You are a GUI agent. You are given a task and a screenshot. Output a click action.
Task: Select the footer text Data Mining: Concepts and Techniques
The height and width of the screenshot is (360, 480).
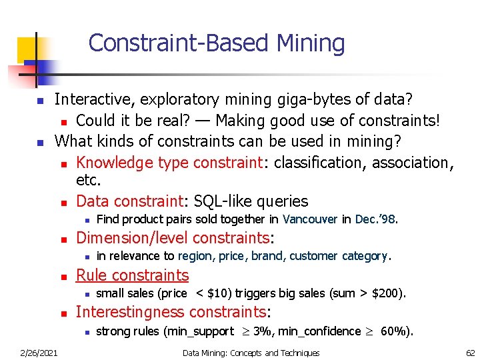251,353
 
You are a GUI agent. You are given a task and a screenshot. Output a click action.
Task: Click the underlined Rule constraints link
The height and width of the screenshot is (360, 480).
132,275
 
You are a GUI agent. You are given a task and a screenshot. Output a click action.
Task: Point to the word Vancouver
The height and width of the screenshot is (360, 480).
310,219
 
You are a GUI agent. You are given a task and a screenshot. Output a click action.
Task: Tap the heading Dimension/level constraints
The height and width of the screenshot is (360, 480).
175,237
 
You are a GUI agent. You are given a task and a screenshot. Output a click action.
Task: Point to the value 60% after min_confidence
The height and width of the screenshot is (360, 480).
395,331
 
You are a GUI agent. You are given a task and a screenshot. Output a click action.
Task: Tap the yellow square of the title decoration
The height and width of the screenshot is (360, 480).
27,49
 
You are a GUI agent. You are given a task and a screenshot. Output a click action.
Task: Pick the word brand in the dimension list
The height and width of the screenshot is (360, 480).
269,256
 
